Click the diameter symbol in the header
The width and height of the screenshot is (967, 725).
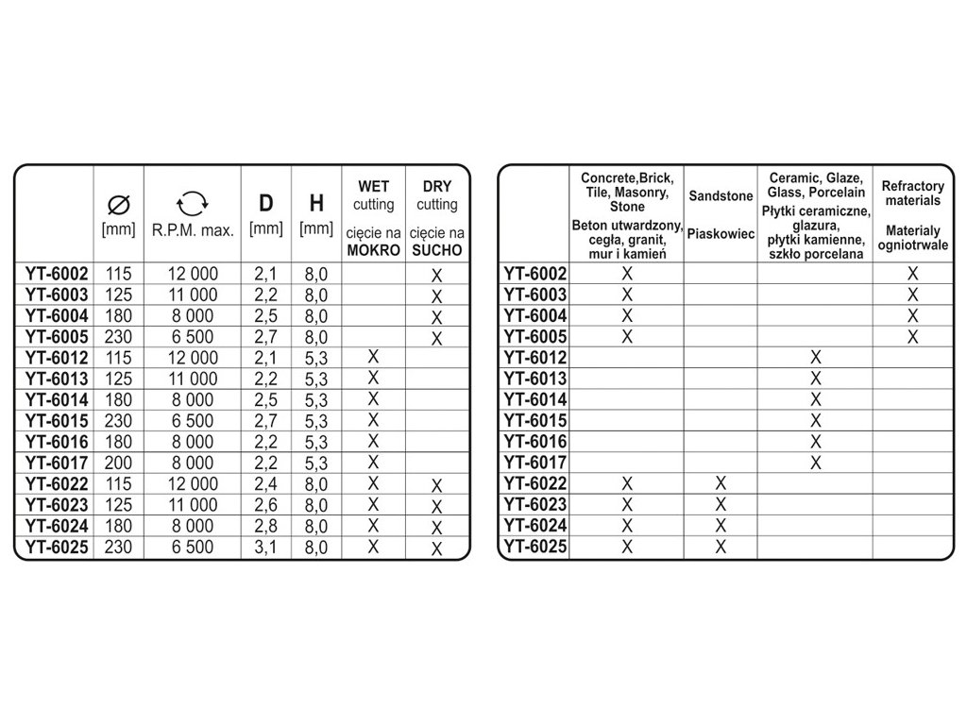(119, 202)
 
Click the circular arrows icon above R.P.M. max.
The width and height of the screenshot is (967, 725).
(192, 202)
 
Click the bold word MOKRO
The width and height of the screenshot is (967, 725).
(373, 250)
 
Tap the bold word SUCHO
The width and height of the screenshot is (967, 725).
(435, 250)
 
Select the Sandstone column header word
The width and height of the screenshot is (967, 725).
(721, 195)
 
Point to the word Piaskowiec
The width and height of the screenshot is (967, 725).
(721, 232)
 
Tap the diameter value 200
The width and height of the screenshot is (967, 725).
(119, 463)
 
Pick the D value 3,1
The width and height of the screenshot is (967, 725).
(265, 548)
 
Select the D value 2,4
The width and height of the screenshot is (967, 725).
(265, 484)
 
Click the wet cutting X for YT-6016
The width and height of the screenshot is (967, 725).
(373, 440)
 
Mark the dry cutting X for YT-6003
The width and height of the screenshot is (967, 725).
(436, 296)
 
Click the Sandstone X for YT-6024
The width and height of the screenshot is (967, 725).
(721, 526)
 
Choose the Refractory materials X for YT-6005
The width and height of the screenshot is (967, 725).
(912, 337)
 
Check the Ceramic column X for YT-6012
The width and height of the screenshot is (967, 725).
(816, 357)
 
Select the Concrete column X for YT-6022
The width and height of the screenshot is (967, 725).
(626, 484)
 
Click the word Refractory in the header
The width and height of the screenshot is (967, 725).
(912, 187)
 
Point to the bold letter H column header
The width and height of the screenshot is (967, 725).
(316, 203)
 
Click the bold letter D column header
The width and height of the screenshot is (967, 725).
(265, 203)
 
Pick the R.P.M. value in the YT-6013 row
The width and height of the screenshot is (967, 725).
(193, 379)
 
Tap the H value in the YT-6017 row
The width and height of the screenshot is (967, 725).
(316, 463)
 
